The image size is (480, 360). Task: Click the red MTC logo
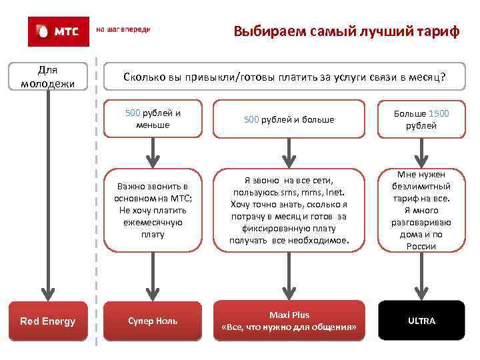58,31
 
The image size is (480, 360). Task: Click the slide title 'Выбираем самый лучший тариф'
346,31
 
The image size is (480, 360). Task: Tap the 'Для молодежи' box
47,77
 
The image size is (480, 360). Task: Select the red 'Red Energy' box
47,321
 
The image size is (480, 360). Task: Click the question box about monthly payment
285,78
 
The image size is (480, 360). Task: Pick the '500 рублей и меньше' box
153,119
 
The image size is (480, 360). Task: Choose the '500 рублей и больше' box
288,119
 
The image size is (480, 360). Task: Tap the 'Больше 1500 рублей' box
421,119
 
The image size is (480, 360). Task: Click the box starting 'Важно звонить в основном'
153,209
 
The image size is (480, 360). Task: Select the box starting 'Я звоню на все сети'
288,209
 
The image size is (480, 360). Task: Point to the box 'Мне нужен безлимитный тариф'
421,209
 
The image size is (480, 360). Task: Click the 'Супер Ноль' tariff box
153,321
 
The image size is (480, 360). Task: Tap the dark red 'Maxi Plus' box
288,321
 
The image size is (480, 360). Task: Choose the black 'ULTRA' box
421,321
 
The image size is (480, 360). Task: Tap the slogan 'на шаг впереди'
123,30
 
